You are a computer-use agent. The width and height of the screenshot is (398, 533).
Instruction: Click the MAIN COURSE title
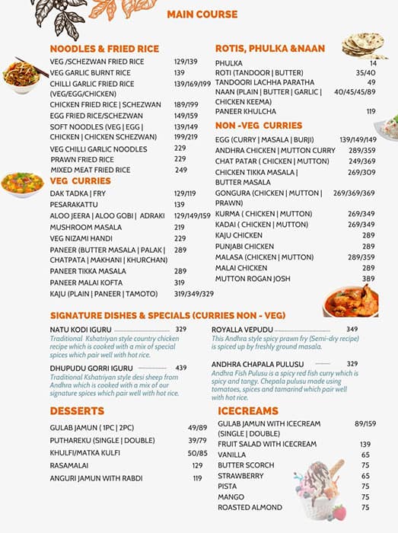click(x=202, y=14)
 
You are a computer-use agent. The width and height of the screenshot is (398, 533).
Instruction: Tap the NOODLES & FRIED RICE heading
click(x=104, y=49)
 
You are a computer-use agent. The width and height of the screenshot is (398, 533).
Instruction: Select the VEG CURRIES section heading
click(x=81, y=180)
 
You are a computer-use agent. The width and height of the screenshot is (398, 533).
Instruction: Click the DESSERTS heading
click(x=77, y=411)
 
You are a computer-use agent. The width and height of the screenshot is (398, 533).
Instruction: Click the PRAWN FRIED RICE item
click(x=82, y=159)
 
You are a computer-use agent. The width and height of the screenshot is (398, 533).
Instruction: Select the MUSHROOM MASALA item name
click(x=85, y=227)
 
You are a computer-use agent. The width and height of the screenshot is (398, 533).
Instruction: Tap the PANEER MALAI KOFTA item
click(x=88, y=282)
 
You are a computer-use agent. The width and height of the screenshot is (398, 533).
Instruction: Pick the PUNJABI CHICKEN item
click(x=244, y=247)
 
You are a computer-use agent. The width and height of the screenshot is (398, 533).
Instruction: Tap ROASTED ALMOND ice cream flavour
click(x=250, y=507)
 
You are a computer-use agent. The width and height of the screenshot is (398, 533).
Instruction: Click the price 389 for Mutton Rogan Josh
click(x=368, y=279)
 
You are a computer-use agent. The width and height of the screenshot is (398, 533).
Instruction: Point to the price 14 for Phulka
click(x=372, y=63)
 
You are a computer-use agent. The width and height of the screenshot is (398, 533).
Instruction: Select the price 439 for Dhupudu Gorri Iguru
click(x=181, y=368)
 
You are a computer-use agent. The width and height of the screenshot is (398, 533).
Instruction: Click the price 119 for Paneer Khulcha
click(x=371, y=111)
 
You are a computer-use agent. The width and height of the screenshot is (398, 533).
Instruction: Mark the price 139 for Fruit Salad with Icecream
click(x=365, y=444)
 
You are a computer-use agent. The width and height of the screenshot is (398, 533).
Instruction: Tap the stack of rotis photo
click(x=365, y=46)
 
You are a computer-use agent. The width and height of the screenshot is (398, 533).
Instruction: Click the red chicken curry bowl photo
click(x=351, y=301)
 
